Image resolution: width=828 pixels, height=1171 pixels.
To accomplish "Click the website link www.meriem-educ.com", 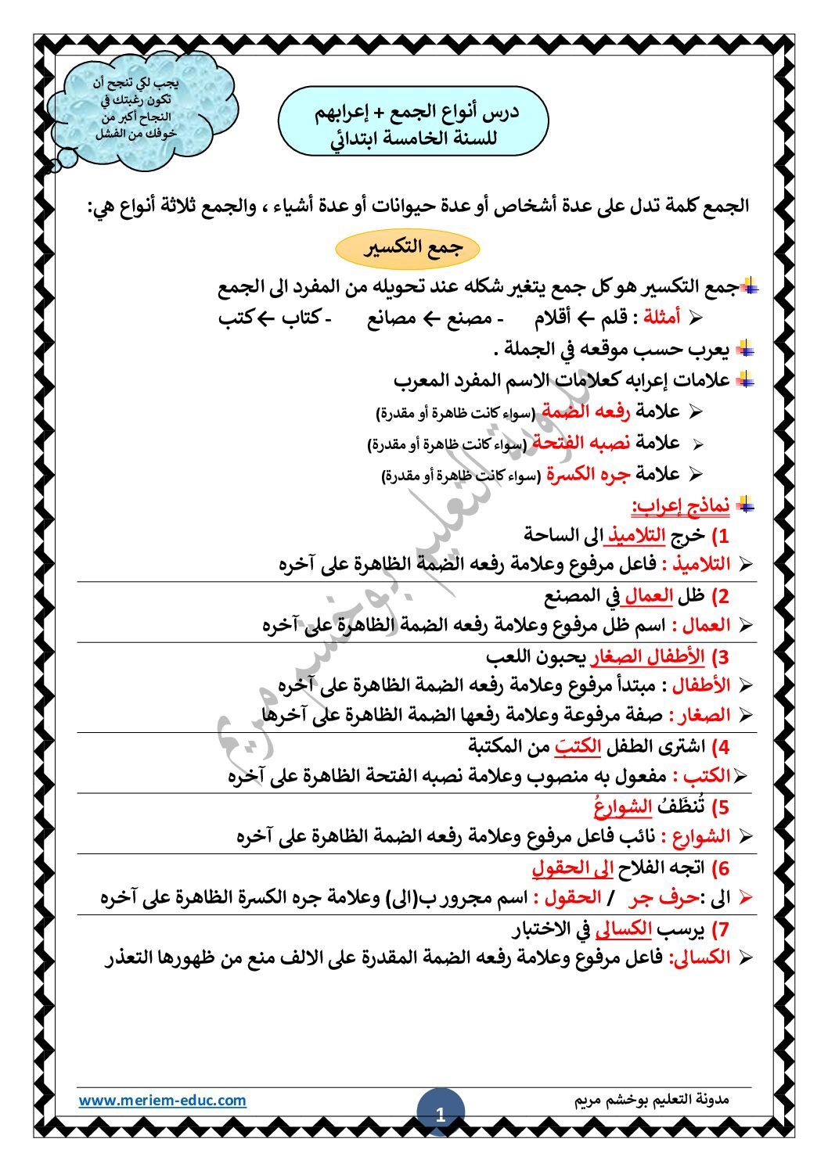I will [162, 1100].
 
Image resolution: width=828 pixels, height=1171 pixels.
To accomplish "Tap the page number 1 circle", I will [440, 1114].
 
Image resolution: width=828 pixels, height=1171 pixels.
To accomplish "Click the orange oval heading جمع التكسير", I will [407, 249].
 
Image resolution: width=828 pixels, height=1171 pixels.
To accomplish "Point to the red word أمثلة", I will [661, 318].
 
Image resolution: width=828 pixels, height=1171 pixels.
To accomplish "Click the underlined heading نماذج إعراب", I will [680, 505].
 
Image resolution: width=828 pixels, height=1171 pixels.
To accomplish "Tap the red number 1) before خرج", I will [719, 536].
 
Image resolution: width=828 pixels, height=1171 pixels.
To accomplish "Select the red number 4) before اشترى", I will [720, 747].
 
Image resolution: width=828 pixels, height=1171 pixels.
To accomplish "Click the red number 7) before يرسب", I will [720, 930].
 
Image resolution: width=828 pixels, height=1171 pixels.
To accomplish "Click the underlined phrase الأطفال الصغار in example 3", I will [647, 656].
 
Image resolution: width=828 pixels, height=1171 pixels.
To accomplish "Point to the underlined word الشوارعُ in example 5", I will [623, 806].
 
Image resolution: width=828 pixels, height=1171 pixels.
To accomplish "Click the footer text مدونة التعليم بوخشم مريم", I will [651, 1100].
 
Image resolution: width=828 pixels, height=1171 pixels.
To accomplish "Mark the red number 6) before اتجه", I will [720, 868].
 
